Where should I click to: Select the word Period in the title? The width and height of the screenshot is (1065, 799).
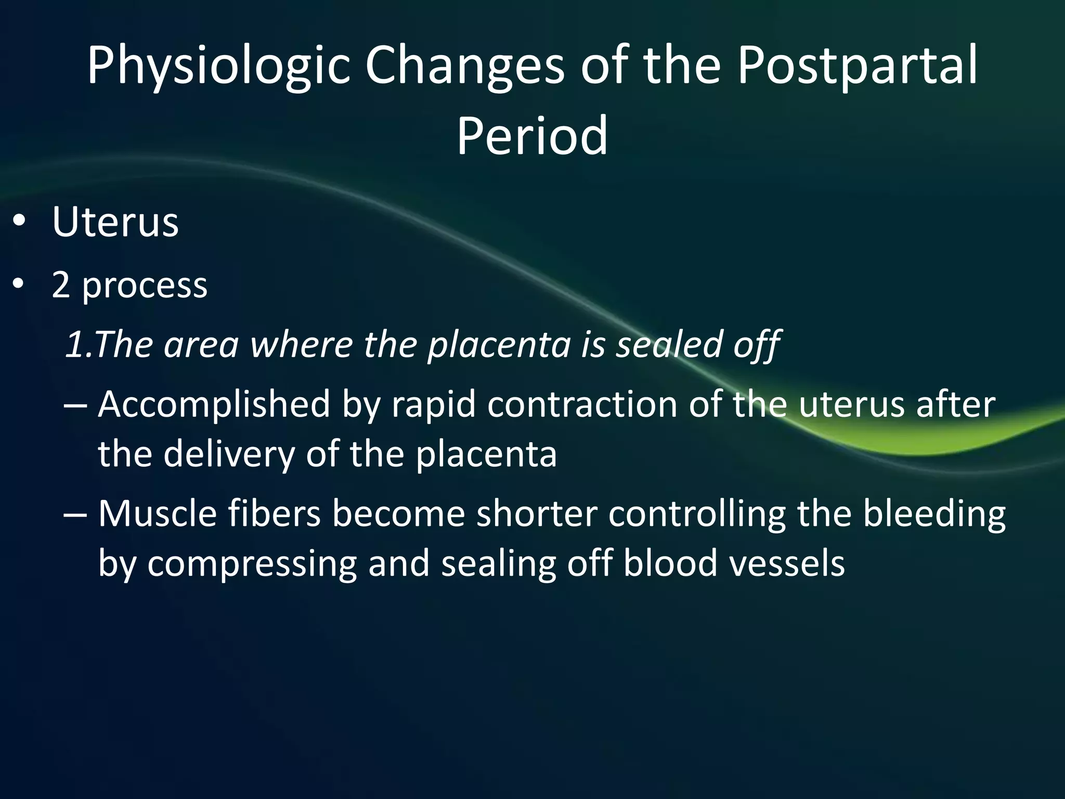coord(532,135)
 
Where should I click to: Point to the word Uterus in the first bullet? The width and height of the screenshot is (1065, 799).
coord(115,223)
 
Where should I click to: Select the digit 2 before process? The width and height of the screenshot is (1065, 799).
coord(61,285)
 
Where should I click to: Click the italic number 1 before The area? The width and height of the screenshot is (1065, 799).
coord(73,344)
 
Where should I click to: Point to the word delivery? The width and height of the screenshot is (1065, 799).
coord(229,454)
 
